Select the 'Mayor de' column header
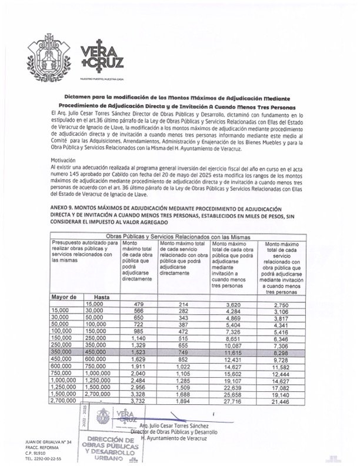(65, 297)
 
